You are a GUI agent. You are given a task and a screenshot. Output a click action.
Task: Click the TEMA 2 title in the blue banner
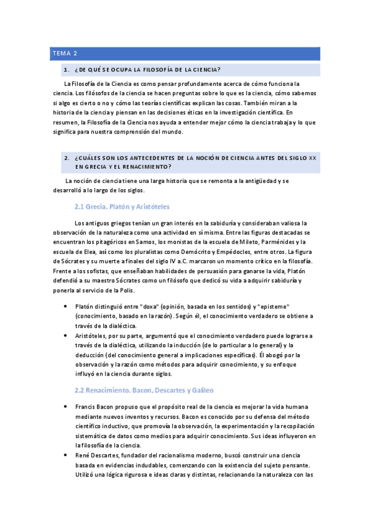[x=64, y=54]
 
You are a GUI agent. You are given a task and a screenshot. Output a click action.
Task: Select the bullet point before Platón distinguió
[x=66, y=306]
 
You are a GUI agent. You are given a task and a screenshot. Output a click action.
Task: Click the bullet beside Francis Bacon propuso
[x=66, y=407]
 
